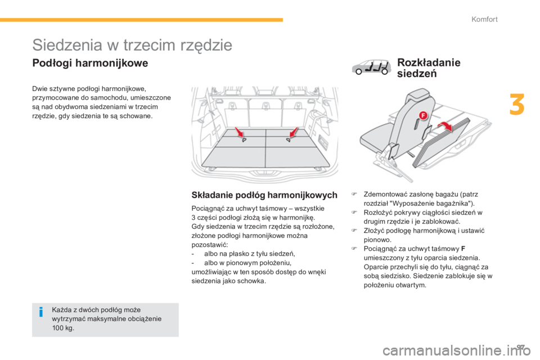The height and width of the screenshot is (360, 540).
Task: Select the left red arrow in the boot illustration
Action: coord(240,133)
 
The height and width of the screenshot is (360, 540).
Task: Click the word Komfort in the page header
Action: coord(484,20)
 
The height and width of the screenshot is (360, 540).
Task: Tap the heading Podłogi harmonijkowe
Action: coord(90,64)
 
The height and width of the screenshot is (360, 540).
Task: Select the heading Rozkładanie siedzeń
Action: coord(429,67)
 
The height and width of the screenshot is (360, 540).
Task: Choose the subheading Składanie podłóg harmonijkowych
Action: coord(264,196)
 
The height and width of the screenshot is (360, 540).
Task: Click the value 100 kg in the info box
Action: coord(62,328)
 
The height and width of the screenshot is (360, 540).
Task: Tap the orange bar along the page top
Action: coord(141,20)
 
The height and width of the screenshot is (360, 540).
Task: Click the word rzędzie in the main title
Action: coord(199,44)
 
